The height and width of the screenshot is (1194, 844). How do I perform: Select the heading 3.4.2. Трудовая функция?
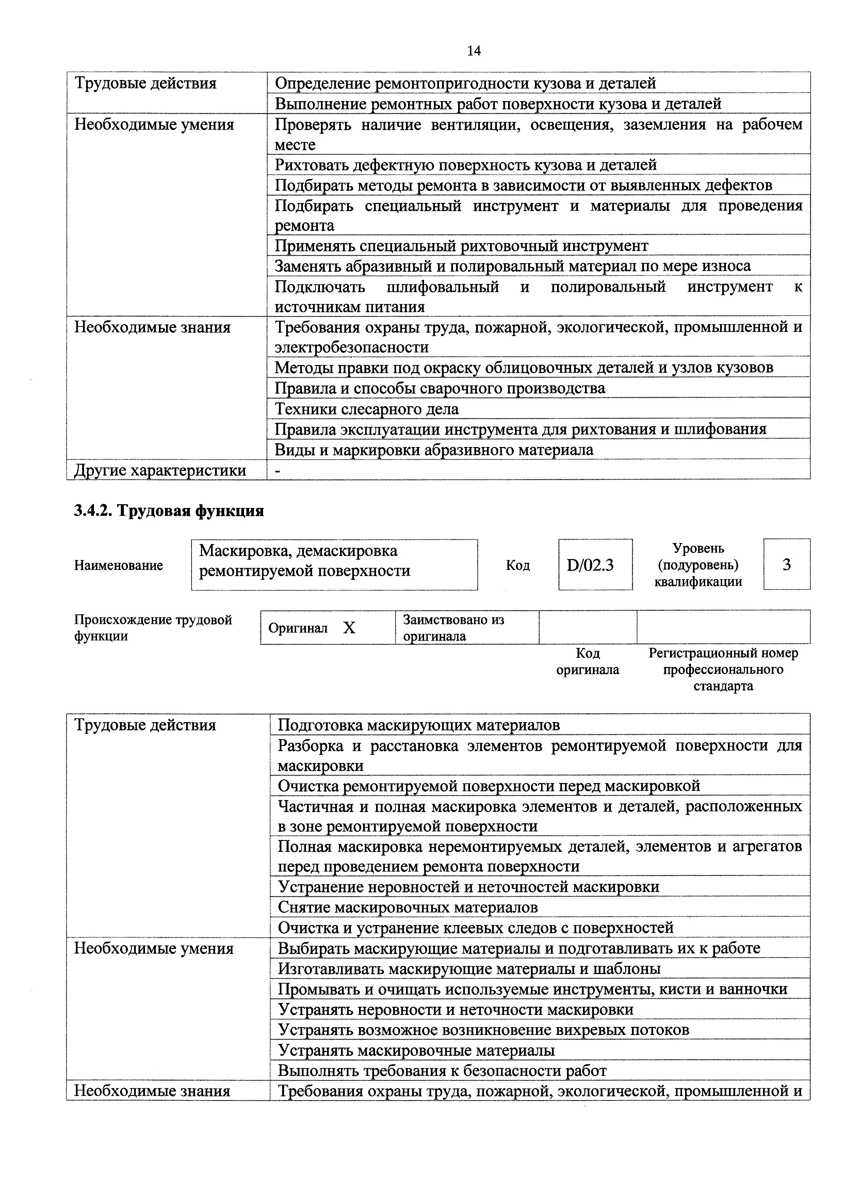(x=169, y=511)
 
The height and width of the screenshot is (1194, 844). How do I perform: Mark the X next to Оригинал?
(x=349, y=628)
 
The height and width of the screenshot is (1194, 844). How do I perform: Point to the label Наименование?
(x=118, y=565)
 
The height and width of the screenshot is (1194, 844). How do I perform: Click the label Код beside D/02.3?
(x=518, y=565)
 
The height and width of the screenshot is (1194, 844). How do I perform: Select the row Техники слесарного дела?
(x=367, y=409)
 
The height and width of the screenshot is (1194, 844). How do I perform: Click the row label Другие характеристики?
(x=160, y=470)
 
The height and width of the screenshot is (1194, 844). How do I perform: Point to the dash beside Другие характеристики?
(x=277, y=470)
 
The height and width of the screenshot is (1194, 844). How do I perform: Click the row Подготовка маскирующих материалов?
(x=419, y=725)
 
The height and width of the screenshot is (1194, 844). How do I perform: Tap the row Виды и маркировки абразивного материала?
(x=434, y=450)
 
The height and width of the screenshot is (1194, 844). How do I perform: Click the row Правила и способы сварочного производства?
(x=440, y=388)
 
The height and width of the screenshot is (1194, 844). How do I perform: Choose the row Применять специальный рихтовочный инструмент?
(x=461, y=245)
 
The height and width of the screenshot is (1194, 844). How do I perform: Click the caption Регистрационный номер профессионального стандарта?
(x=723, y=669)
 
